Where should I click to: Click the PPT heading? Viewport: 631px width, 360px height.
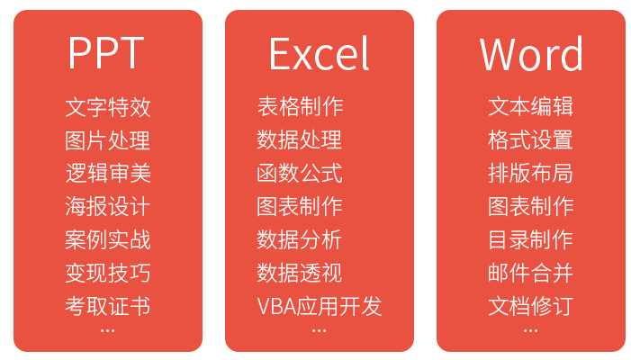click(x=106, y=54)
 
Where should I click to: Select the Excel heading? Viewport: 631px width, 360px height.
click(x=319, y=54)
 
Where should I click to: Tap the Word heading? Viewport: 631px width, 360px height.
click(x=531, y=54)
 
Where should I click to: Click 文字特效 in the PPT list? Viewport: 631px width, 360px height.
click(x=108, y=108)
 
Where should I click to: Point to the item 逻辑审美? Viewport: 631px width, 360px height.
click(x=108, y=174)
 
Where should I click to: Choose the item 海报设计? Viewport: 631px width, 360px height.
click(x=108, y=206)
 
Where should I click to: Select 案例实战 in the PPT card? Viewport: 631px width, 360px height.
click(x=108, y=239)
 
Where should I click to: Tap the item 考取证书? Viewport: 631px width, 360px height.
click(x=108, y=306)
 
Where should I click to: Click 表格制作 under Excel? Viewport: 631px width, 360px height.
click(x=300, y=108)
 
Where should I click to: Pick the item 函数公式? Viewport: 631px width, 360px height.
click(x=300, y=174)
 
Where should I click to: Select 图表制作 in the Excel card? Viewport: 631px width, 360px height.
click(x=300, y=206)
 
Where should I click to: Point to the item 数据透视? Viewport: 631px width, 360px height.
click(x=300, y=273)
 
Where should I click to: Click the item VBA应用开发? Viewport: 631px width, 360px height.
click(x=320, y=306)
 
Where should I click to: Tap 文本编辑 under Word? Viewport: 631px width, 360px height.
click(x=531, y=108)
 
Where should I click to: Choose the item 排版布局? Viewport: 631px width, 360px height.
click(x=531, y=174)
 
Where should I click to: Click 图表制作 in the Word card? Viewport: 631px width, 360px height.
click(x=531, y=206)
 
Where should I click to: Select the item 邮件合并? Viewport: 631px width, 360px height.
click(x=531, y=273)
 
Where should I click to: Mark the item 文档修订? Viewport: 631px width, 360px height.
click(x=531, y=306)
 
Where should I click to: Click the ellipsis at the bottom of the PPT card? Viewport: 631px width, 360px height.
click(x=108, y=331)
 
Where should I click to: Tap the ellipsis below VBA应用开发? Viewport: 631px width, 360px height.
click(x=320, y=331)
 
